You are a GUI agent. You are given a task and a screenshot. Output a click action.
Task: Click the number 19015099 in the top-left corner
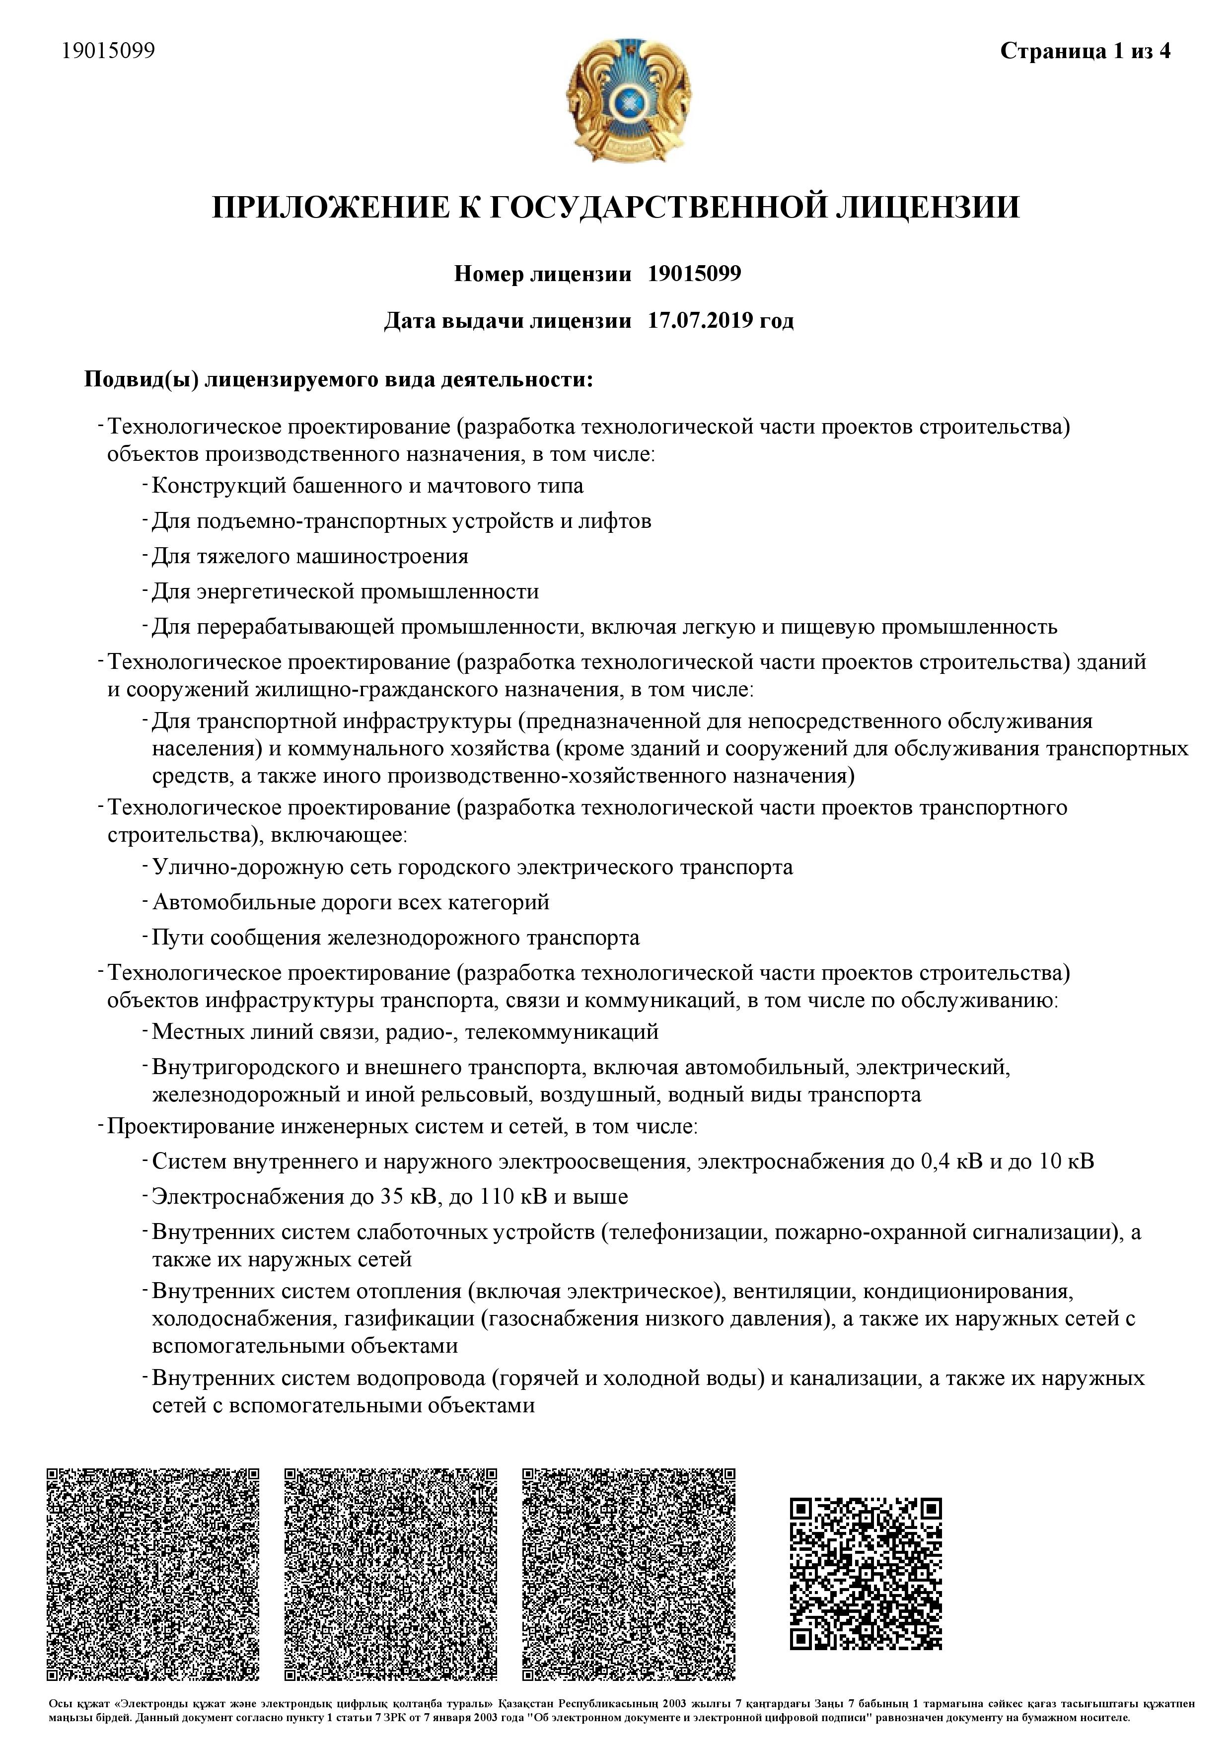tap(108, 50)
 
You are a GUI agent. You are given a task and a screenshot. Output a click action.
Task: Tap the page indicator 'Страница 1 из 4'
tap(1085, 51)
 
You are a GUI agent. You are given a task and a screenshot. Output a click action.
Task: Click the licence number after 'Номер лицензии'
tap(694, 273)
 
